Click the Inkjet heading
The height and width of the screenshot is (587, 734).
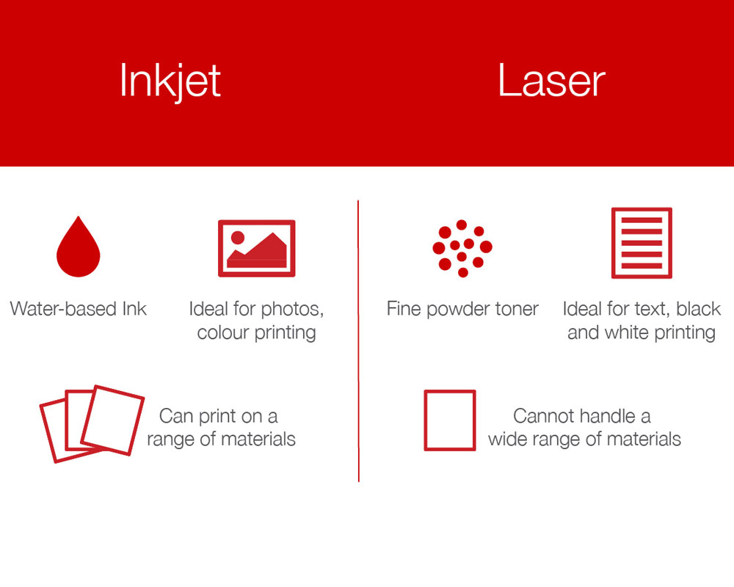(170, 82)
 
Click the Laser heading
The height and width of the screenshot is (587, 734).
(551, 81)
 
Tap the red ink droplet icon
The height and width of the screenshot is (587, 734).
(79, 247)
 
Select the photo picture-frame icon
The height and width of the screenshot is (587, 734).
(256, 248)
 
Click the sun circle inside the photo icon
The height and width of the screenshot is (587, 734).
(238, 237)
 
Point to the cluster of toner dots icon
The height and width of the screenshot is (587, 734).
(462, 248)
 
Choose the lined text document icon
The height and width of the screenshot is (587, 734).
(642, 243)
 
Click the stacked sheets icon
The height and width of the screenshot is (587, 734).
(92, 423)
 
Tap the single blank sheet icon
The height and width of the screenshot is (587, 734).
(450, 420)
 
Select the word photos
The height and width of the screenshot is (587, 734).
(292, 310)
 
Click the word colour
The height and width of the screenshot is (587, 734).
(223, 333)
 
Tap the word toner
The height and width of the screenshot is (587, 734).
(515, 310)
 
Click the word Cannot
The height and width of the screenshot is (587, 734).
(544, 416)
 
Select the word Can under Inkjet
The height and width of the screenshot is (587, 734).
(174, 416)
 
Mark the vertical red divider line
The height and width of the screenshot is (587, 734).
(359, 340)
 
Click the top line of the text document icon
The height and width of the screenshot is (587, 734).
(642, 220)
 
